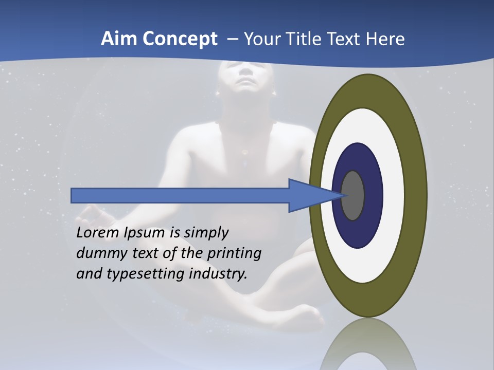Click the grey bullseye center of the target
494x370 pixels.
[353, 195]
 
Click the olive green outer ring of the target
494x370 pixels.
[417, 195]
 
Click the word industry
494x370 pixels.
[218, 274]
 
